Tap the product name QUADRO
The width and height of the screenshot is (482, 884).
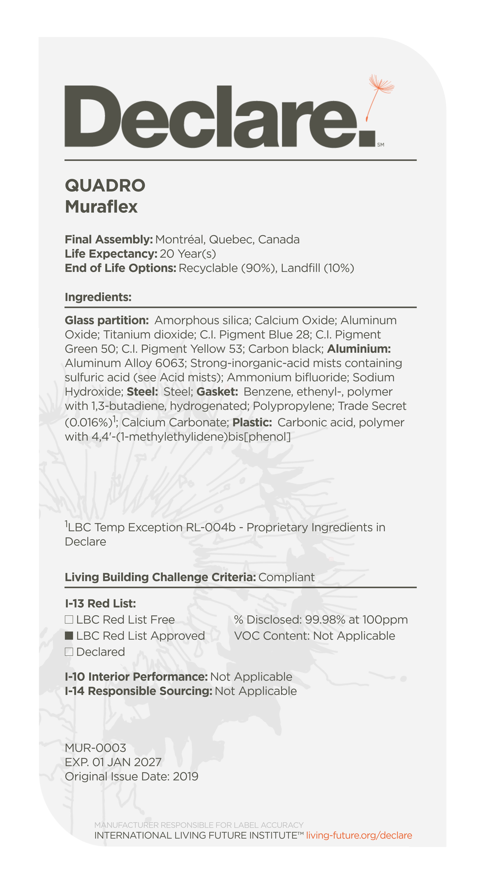(x=105, y=186)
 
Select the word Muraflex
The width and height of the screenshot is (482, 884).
(x=101, y=206)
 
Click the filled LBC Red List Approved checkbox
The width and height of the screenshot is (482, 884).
(x=69, y=636)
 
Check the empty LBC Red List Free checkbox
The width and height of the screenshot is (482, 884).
(x=69, y=619)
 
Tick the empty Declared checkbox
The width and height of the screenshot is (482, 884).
(x=69, y=652)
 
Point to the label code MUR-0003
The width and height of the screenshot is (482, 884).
(x=95, y=748)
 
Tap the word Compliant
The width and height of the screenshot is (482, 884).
(x=286, y=577)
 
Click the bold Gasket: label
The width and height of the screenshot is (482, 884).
(x=217, y=391)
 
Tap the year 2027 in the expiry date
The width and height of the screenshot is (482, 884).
(x=148, y=762)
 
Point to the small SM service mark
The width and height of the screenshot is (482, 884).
(x=380, y=145)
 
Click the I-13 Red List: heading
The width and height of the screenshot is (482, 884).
(x=100, y=603)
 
